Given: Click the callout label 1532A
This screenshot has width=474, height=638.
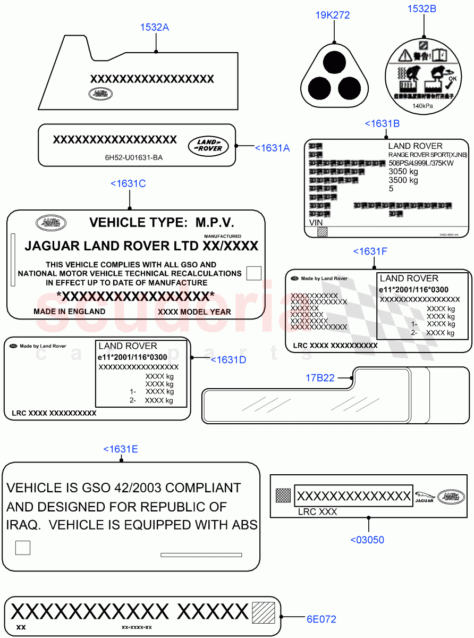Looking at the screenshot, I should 154,27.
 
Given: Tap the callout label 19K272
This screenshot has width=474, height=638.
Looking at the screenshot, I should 333,15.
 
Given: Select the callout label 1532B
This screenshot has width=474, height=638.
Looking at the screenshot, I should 422,9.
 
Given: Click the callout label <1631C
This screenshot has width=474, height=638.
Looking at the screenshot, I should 128,184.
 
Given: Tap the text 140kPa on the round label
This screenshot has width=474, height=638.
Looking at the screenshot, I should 422,106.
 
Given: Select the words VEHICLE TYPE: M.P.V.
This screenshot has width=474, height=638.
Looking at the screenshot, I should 162,222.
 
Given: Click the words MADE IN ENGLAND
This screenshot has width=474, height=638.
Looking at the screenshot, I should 69,312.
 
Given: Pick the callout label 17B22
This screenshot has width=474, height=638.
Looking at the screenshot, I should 320,378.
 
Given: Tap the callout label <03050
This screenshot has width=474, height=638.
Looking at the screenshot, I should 367,540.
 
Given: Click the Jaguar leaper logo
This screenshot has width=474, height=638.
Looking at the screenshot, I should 424,495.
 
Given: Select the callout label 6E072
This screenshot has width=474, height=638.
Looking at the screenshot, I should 321,619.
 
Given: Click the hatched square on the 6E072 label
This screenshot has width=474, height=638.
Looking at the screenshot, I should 264,612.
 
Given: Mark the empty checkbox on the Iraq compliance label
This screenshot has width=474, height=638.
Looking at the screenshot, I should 23,548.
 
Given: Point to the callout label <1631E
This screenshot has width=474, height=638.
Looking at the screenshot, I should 121,449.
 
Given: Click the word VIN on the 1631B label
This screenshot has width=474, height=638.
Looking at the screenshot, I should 316,222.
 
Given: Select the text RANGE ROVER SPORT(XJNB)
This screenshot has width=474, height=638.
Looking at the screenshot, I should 427,155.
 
